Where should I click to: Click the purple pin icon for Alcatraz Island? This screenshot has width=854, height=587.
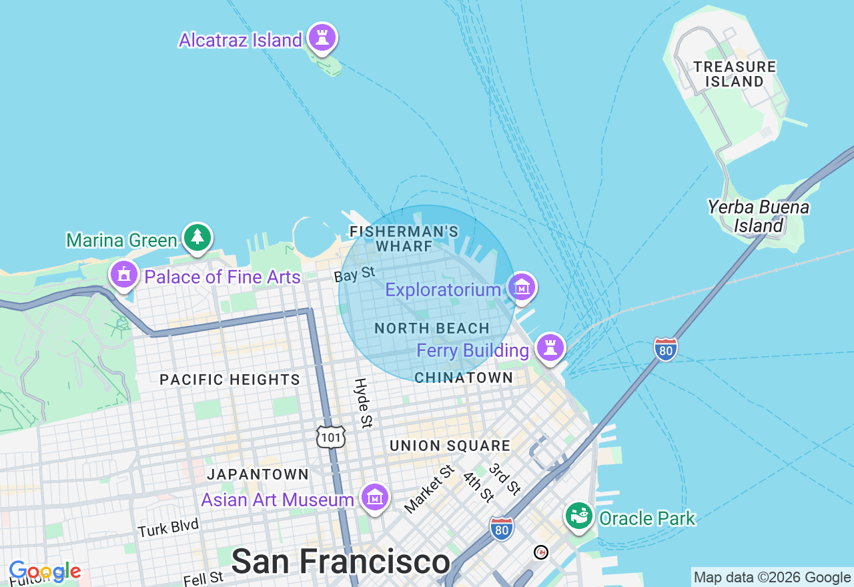click(x=322, y=38)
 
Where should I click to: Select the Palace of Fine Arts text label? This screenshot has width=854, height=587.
click(x=222, y=277)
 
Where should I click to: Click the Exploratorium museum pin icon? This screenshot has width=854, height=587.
click(x=522, y=287)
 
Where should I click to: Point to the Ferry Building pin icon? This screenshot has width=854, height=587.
click(x=550, y=348)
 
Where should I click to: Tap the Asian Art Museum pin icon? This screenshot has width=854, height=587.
click(x=376, y=498)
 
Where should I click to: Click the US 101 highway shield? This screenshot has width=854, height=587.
click(x=331, y=436)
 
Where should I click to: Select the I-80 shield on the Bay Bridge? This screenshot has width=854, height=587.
click(x=665, y=349)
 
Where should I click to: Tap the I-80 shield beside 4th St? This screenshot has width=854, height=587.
click(x=501, y=528)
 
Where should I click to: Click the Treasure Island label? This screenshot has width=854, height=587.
click(x=735, y=74)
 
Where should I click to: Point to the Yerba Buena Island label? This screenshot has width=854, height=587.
click(x=759, y=217)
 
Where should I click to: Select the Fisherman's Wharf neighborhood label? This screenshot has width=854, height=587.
click(x=404, y=239)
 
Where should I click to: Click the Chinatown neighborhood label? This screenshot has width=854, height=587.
click(x=464, y=378)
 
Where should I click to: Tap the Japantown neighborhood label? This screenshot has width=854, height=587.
click(x=258, y=474)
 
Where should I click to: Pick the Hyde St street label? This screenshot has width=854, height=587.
click(x=363, y=403)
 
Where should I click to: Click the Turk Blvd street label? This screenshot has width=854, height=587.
click(x=168, y=528)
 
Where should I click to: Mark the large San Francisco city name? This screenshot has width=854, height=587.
click(x=340, y=562)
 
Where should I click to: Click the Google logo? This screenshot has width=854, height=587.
click(x=45, y=572)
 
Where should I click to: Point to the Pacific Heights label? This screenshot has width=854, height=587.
click(x=230, y=380)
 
